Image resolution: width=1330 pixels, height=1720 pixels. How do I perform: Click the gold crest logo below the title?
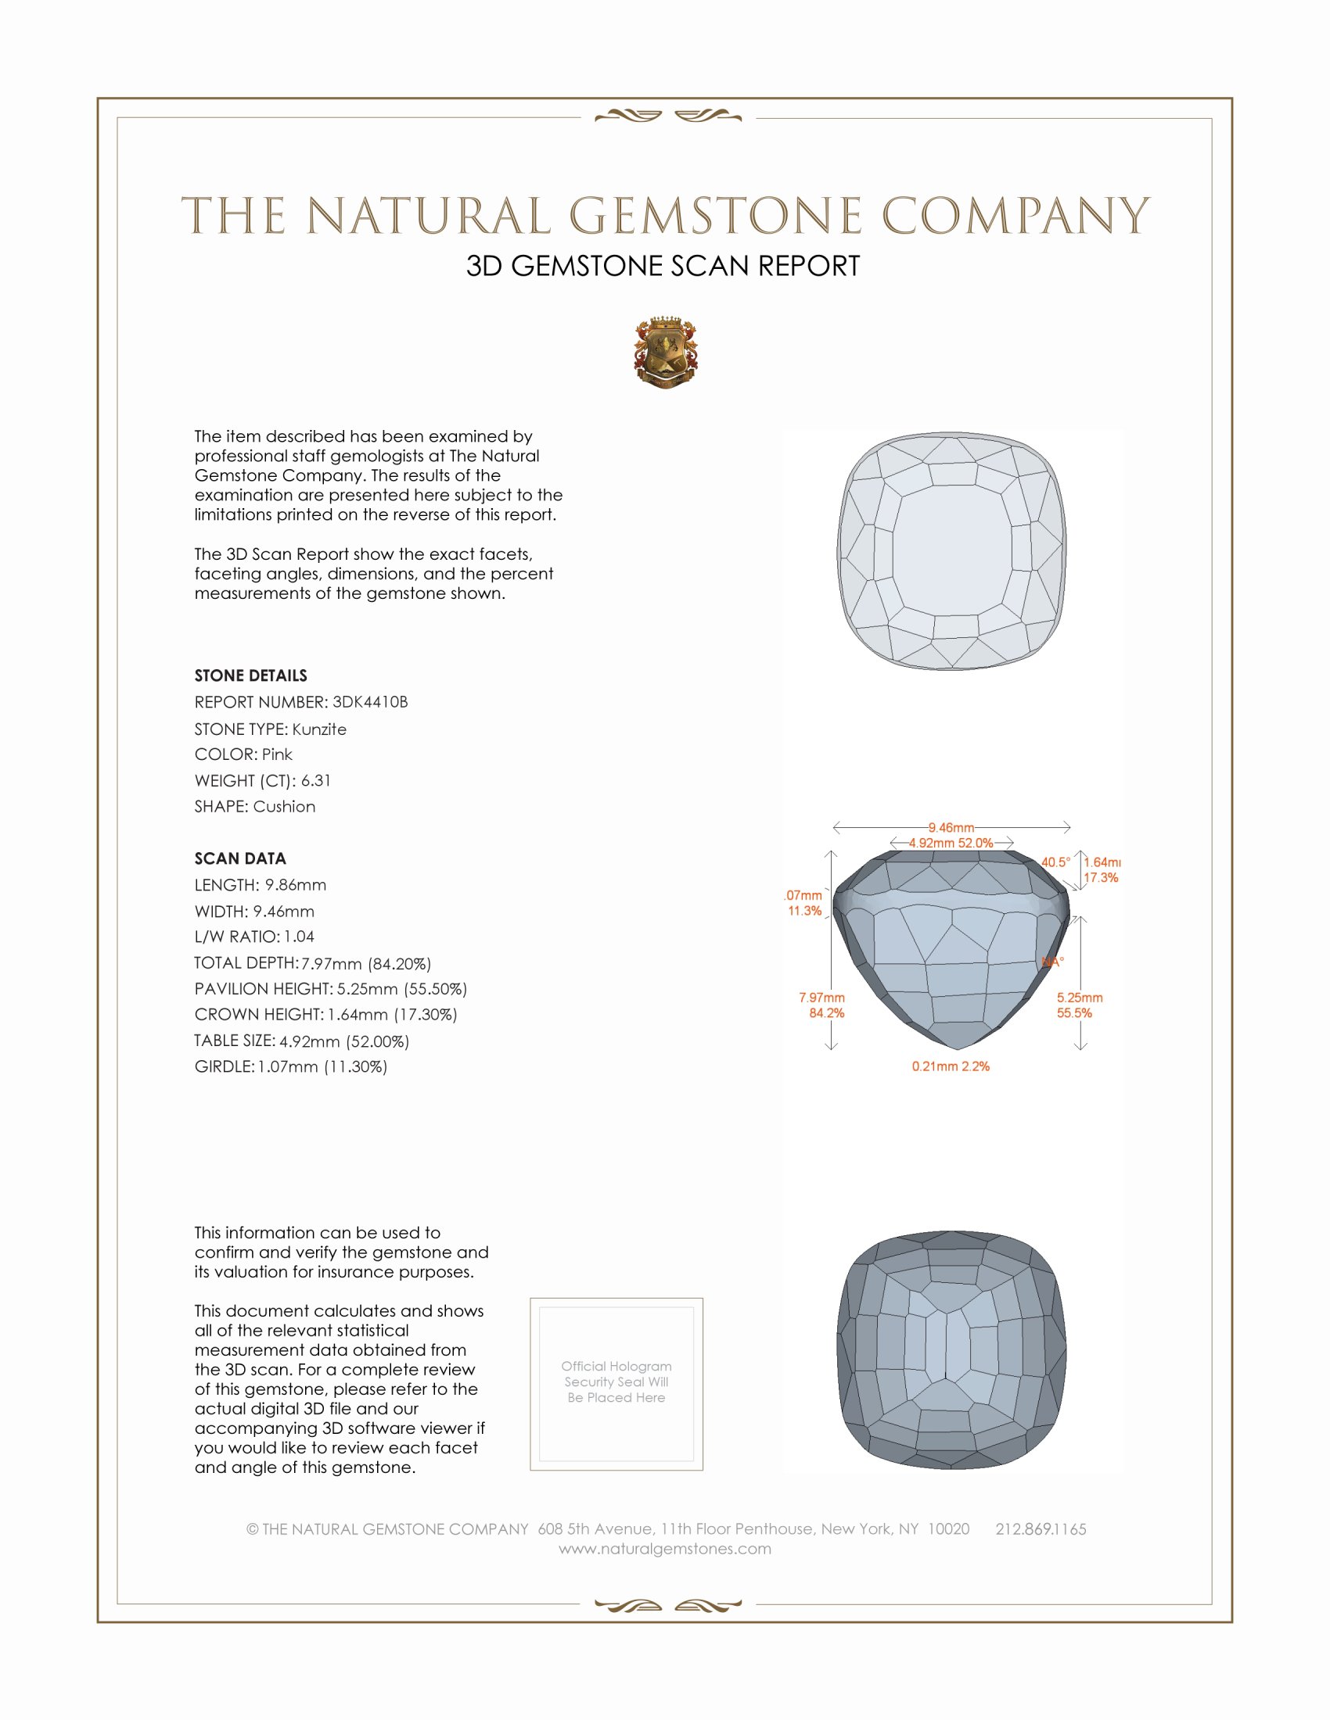point(665,353)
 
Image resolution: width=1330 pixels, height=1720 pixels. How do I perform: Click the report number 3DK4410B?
point(369,702)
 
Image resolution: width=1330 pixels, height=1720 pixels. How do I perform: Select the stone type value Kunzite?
point(319,729)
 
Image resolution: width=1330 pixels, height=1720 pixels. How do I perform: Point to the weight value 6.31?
point(315,780)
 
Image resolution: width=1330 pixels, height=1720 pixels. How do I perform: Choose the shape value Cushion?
point(284,807)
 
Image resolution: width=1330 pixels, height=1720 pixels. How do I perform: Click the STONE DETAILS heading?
point(250,675)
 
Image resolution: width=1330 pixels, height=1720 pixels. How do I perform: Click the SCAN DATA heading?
point(240,858)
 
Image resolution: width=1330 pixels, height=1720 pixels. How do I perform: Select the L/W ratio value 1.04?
point(299,937)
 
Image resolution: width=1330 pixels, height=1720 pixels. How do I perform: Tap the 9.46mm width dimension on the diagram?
point(951,828)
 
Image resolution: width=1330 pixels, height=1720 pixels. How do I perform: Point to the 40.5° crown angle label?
point(1055,862)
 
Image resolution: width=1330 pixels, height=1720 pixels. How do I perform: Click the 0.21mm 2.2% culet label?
point(951,1066)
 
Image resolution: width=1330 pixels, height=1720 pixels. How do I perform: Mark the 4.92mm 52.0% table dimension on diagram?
point(951,843)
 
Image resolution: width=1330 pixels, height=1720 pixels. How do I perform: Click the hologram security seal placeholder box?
point(616,1384)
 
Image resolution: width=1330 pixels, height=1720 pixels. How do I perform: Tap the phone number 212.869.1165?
point(1040,1529)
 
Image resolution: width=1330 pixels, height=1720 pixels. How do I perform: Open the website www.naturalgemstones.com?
point(665,1549)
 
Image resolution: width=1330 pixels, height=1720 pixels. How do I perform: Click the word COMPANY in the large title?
point(1015,216)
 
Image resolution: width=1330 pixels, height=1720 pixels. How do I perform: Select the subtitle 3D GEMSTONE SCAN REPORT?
point(663,266)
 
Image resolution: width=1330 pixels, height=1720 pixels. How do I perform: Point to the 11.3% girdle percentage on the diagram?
point(804,911)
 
